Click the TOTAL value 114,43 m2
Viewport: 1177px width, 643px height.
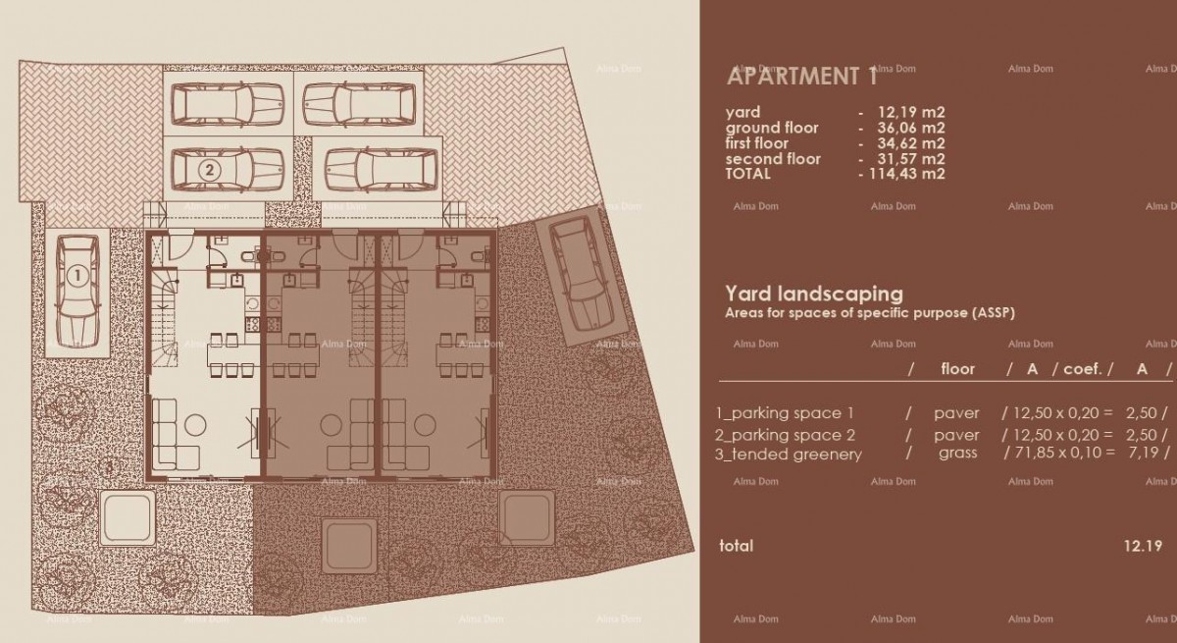point(906,174)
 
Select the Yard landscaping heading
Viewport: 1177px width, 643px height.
point(813,293)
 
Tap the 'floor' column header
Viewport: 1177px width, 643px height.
point(957,369)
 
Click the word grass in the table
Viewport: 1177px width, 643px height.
point(957,454)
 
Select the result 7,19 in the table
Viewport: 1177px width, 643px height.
point(1145,454)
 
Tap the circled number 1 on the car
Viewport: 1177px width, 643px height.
point(75,277)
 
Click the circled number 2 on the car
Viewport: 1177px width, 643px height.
point(208,170)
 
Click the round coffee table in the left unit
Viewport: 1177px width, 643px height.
point(195,425)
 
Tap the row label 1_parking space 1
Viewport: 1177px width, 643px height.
point(785,413)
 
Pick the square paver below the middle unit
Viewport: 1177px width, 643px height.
point(344,540)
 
